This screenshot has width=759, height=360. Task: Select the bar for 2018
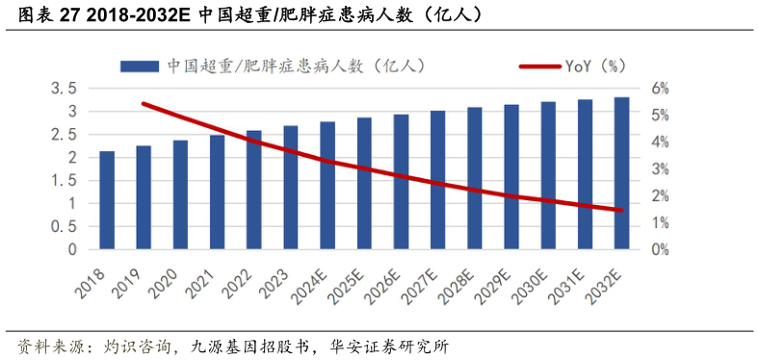pyautogui.click(x=107, y=200)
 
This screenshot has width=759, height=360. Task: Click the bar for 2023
pyautogui.click(x=291, y=188)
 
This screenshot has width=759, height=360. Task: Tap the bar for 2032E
pyautogui.click(x=622, y=173)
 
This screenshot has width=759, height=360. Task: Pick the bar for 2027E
pyautogui.click(x=437, y=180)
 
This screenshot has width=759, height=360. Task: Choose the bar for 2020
pyautogui.click(x=180, y=194)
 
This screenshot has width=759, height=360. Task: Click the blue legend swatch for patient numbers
pyautogui.click(x=139, y=65)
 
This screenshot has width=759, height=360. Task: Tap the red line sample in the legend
pyautogui.click(x=554, y=65)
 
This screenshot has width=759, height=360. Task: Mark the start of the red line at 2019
pyautogui.click(x=144, y=104)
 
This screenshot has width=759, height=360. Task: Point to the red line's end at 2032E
pyautogui.click(x=622, y=210)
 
